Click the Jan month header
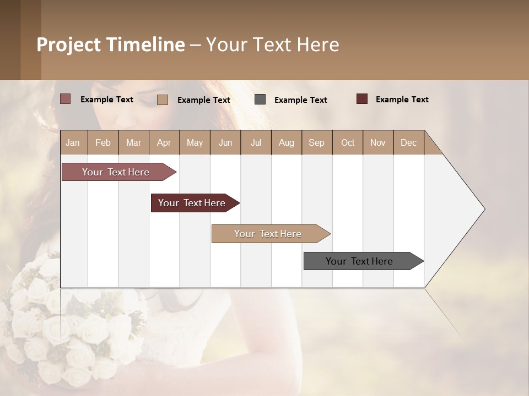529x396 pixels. click(x=73, y=142)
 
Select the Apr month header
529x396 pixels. click(x=164, y=142)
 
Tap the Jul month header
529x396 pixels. click(x=256, y=142)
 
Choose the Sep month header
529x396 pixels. click(x=316, y=142)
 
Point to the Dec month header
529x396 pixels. click(x=408, y=142)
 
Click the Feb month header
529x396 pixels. click(x=103, y=142)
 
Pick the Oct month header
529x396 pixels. click(x=348, y=142)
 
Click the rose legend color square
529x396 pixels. click(x=66, y=99)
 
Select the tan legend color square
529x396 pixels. click(x=163, y=100)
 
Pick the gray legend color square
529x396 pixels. click(x=260, y=100)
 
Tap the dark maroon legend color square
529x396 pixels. click(x=362, y=99)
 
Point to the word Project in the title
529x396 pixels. click(x=69, y=45)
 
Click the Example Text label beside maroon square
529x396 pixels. click(x=402, y=100)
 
